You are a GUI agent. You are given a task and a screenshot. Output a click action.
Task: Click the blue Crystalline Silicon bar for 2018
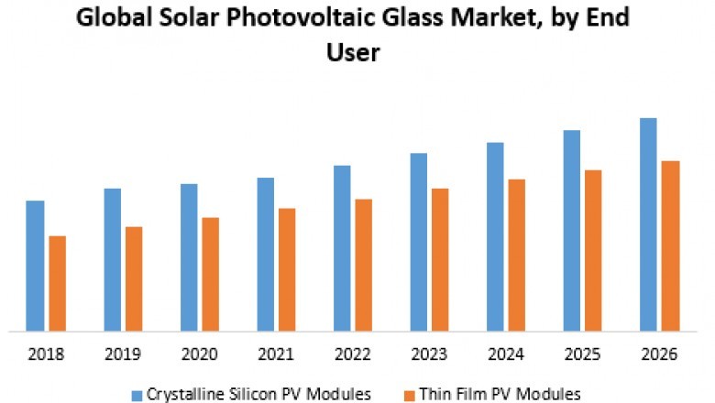35,265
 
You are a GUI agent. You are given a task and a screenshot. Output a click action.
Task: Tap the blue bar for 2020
189,256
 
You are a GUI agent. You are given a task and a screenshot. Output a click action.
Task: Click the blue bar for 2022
342,247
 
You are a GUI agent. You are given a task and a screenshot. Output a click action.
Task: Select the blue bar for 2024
495,235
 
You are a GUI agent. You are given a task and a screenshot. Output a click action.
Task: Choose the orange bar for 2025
593,249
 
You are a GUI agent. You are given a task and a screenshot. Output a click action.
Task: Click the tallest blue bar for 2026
648,223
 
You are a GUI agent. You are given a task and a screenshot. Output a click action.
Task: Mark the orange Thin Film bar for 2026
670,245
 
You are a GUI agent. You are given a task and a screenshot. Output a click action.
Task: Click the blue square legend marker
137,394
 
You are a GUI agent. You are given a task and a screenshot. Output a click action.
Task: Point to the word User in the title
353,53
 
